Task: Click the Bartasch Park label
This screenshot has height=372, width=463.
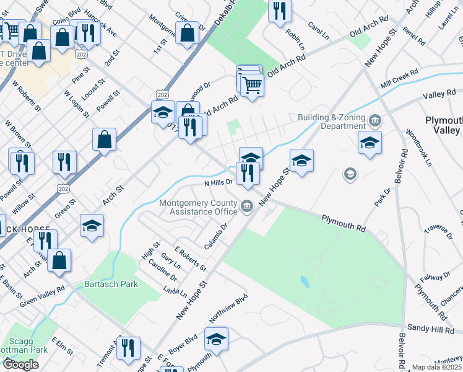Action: pos(111,284)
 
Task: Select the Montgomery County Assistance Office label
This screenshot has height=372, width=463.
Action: pos(199,206)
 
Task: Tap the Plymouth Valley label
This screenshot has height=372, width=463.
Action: pos(443,125)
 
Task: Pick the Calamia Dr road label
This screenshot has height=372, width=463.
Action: pos(216,235)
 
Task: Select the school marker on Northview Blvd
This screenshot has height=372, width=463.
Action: pos(216,339)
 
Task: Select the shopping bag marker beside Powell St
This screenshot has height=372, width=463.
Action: pos(104,139)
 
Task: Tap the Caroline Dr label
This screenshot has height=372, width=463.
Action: pos(163,271)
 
